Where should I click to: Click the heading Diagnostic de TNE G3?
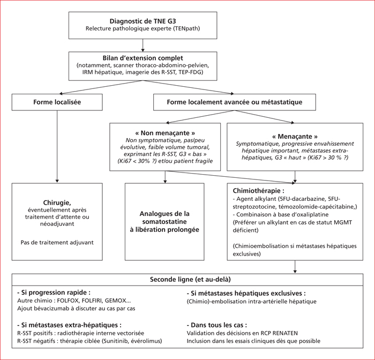click(x=143, y=21)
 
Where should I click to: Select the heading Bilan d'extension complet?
click(x=143, y=58)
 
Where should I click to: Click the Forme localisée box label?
click(x=57, y=102)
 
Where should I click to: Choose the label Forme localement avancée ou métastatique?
click(x=235, y=102)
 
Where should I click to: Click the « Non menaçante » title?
click(x=165, y=133)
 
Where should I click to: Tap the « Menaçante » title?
click(x=295, y=137)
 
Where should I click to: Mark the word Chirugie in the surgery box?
click(x=57, y=203)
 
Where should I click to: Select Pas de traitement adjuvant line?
click(x=57, y=243)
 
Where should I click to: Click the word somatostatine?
click(x=164, y=222)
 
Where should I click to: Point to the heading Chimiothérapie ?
click(x=259, y=191)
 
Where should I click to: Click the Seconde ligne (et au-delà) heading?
click(x=190, y=280)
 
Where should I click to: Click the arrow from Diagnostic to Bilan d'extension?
click(x=143, y=45)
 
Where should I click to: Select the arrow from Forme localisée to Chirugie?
click(x=57, y=147)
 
